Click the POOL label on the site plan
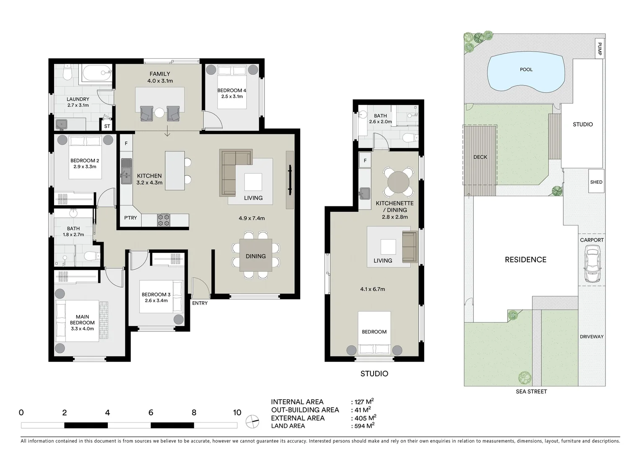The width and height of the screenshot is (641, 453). click(x=526, y=70)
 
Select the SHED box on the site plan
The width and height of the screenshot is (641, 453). click(x=596, y=182)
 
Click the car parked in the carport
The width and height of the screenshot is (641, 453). click(x=592, y=264)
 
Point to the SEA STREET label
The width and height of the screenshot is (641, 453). click(x=531, y=391)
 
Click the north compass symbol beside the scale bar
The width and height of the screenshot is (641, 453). click(x=252, y=421)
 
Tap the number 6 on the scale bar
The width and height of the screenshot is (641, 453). click(x=151, y=413)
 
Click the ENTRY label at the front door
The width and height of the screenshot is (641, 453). click(x=200, y=303)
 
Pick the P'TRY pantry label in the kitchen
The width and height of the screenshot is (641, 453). click(x=130, y=218)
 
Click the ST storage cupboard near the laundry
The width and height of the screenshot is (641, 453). click(x=107, y=126)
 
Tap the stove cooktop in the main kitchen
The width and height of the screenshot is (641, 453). click(x=163, y=220)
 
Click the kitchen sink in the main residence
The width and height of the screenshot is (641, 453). click(x=126, y=171)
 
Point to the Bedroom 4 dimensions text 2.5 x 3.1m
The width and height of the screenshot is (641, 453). click(x=232, y=96)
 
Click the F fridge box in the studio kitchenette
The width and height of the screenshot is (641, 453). click(x=365, y=160)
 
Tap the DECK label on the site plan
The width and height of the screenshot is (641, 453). click(x=480, y=157)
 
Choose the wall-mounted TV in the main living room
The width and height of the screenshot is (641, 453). click(x=290, y=180)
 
